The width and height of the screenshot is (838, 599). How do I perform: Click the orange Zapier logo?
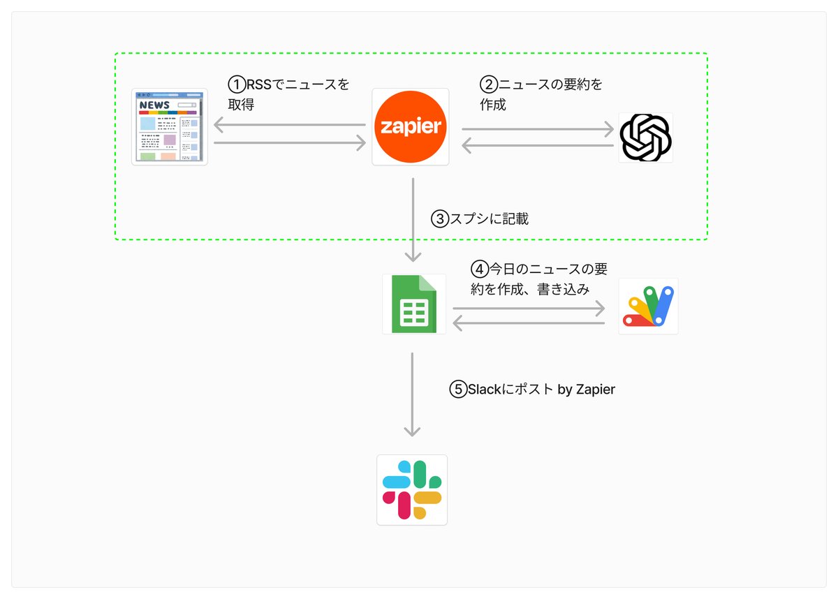(x=411, y=127)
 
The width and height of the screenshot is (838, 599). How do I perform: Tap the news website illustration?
(x=170, y=127)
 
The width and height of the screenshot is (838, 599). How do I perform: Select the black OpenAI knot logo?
(x=645, y=138)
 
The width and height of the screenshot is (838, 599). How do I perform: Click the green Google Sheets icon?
(x=413, y=304)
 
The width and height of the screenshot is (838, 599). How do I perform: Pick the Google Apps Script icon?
(x=648, y=306)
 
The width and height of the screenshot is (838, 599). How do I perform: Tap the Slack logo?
(x=412, y=490)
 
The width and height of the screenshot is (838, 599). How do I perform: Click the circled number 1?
(x=237, y=84)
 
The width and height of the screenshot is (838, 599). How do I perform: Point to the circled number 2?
(x=489, y=84)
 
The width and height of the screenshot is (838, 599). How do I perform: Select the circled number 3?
(x=440, y=219)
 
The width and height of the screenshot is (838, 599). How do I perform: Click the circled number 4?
(x=480, y=269)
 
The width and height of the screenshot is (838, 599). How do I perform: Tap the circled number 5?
(x=458, y=390)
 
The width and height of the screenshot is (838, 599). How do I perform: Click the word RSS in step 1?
(x=259, y=84)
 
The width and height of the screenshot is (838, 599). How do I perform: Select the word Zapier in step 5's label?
(x=595, y=390)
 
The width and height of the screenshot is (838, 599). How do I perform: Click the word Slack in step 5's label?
(x=485, y=390)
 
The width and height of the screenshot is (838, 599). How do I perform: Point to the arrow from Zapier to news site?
(x=290, y=124)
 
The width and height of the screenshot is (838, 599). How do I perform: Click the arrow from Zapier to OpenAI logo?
(x=538, y=129)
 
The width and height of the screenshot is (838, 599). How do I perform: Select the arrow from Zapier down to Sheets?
(x=413, y=220)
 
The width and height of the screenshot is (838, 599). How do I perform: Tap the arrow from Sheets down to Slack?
(x=412, y=394)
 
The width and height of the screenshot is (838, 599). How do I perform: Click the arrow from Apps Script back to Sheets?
(x=529, y=323)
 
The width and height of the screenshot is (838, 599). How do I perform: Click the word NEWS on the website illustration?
(x=154, y=105)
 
